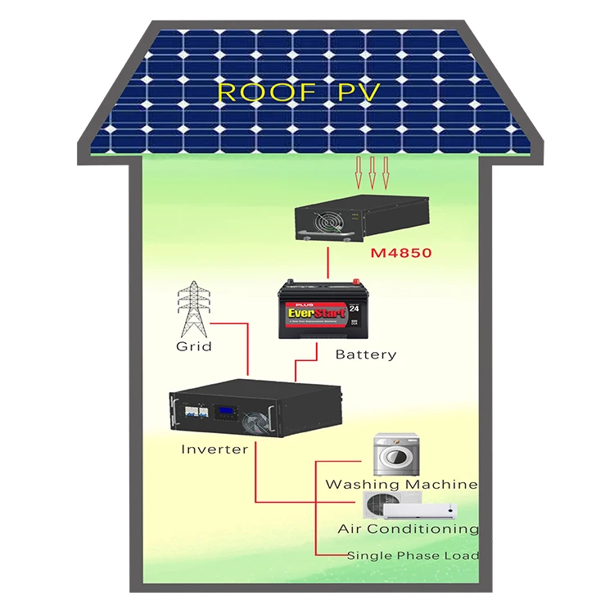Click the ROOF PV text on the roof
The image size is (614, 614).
[298, 92]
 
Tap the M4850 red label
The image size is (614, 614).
[400, 254]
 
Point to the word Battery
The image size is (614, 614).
[366, 354]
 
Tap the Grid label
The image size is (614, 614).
[194, 346]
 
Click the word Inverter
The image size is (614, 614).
[214, 449]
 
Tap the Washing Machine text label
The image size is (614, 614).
[401, 484]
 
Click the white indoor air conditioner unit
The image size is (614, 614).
[418, 510]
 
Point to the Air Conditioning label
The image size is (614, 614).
[408, 529]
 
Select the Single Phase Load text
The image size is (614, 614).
[413, 555]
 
